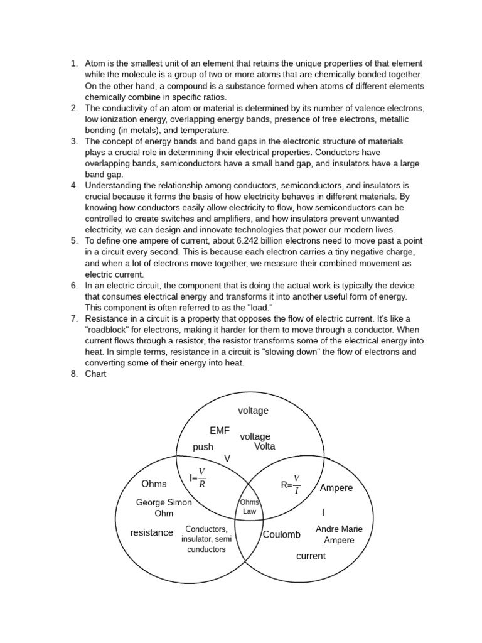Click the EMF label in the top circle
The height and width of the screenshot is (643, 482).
pos(220,431)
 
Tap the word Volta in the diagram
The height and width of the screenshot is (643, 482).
pos(264,446)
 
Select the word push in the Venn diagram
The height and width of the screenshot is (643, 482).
pos(203,447)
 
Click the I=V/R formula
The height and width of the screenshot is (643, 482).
pos(197,478)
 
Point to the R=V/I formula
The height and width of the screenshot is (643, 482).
pos(291,485)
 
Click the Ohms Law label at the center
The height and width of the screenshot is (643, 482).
pos(250,507)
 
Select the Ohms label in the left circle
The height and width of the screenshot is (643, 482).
pos(154,484)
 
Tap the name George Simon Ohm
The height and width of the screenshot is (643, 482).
pos(164,508)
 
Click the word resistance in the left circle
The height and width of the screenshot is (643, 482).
pos(151,533)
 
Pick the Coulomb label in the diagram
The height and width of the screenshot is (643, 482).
pos(281,535)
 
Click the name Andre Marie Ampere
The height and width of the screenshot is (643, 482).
pos(339,534)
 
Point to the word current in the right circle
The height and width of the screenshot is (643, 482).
pos(311,556)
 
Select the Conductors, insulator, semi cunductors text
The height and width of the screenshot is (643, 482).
pos(206,539)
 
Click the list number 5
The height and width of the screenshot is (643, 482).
pos(73,241)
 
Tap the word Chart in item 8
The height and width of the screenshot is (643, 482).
pos(96,374)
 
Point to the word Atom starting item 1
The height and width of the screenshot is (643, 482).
pos(95,64)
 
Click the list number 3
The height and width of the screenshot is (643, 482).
pos(73,141)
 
